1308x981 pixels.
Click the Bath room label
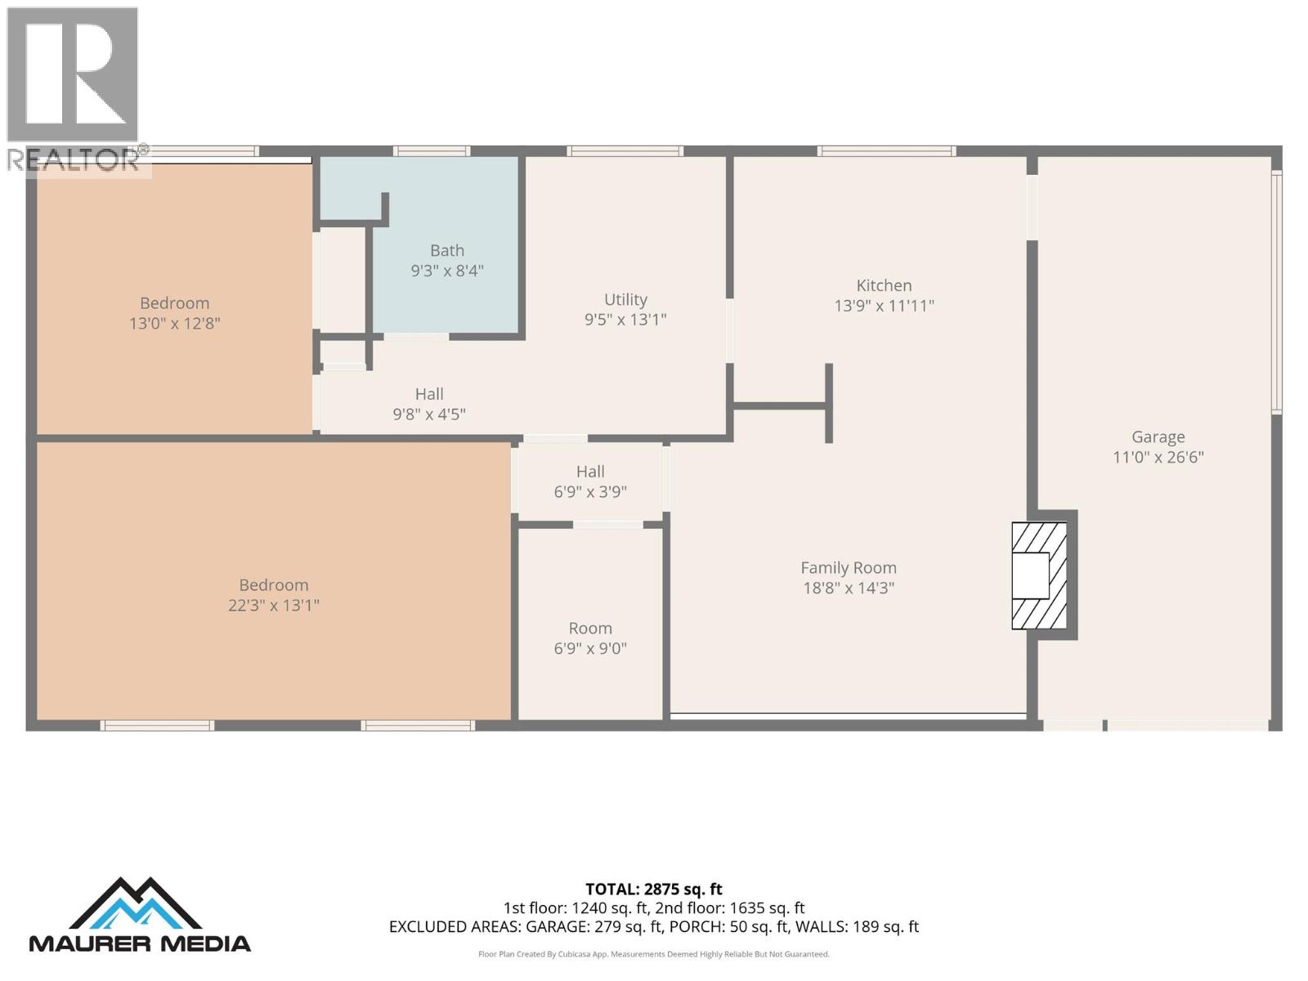447,250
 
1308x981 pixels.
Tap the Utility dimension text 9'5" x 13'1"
625,320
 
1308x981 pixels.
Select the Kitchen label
884,285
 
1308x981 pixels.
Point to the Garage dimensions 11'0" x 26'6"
1158,457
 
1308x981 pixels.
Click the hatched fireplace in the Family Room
1039,576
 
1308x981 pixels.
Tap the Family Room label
848,567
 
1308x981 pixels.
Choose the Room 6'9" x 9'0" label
590,628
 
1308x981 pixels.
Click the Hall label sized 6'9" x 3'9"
590,472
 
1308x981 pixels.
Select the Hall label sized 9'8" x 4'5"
429,394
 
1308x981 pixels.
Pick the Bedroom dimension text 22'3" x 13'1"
273,606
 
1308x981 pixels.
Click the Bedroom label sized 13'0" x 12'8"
174,303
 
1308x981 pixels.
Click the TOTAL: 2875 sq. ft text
653,889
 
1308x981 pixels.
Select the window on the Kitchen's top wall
886,151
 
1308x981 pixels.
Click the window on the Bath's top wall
431,151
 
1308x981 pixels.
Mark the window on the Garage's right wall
1276,292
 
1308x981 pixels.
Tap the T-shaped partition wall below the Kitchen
827,405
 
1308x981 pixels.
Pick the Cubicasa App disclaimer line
653,954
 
